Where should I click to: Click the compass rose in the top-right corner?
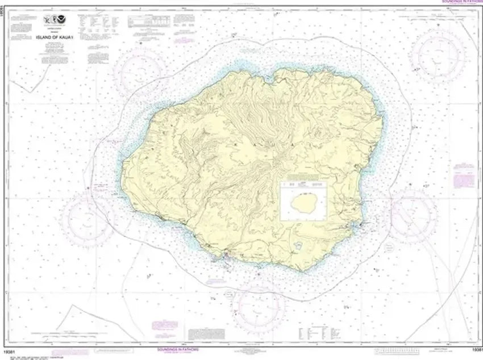pos(438,57)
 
